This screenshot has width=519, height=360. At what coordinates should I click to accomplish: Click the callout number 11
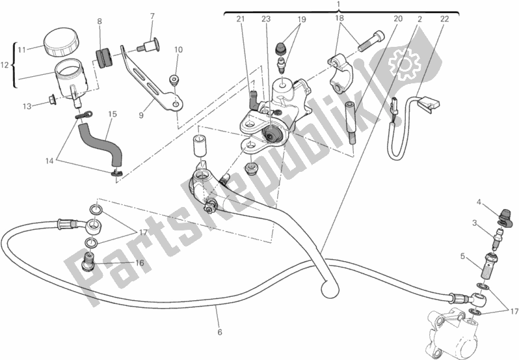click(21, 49)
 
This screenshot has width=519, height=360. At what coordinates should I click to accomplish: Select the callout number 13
click(27, 106)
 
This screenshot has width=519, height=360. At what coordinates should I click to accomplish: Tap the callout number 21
click(240, 19)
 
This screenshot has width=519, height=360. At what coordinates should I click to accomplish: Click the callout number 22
click(444, 19)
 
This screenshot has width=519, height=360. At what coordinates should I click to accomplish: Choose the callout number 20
click(397, 19)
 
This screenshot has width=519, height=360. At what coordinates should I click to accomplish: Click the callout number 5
click(462, 256)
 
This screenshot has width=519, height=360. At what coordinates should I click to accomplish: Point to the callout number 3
click(475, 223)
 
